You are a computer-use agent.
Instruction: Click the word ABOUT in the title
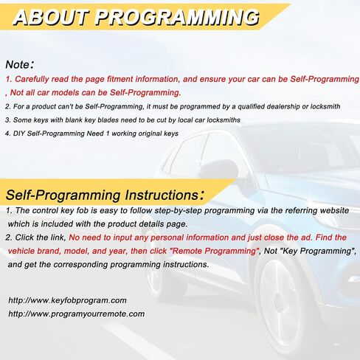51,18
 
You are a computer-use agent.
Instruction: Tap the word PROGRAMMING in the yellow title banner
177,18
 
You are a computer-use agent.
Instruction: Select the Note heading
20,65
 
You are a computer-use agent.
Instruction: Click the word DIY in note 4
19,134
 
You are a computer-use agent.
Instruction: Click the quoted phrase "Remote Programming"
215,251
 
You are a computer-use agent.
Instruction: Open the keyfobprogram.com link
67,300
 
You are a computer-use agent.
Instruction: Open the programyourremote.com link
77,314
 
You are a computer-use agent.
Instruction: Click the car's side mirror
218,169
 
